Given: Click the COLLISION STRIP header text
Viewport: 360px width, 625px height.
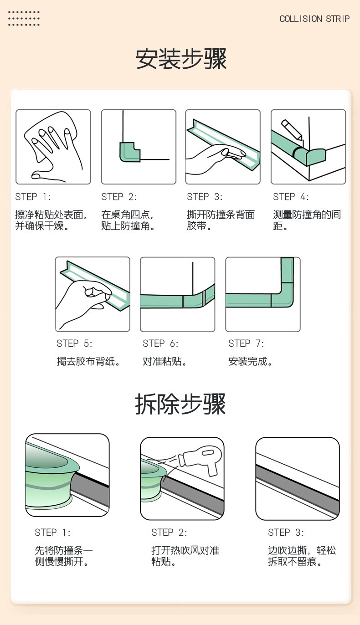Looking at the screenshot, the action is [314, 19].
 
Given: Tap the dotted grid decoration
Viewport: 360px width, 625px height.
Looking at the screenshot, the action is [24, 18].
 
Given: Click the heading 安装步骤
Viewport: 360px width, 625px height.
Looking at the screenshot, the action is [181, 59].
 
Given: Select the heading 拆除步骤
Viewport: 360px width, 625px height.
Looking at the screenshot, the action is [180, 404].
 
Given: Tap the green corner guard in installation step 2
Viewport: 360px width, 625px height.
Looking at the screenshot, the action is [130, 152].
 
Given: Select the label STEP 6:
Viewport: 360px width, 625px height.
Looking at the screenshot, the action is [160, 343].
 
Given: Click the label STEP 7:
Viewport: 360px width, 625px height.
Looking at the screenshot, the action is [246, 343].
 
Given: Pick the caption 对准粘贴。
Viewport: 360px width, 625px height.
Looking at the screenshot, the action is [165, 361].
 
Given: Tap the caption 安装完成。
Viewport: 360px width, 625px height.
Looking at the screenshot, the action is [250, 361].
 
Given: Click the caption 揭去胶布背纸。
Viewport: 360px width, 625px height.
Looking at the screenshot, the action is [88, 361].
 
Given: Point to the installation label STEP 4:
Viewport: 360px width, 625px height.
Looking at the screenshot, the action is [291, 197].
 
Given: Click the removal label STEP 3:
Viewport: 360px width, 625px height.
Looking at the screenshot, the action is [286, 533].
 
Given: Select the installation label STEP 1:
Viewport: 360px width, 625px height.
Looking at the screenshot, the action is [33, 197].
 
